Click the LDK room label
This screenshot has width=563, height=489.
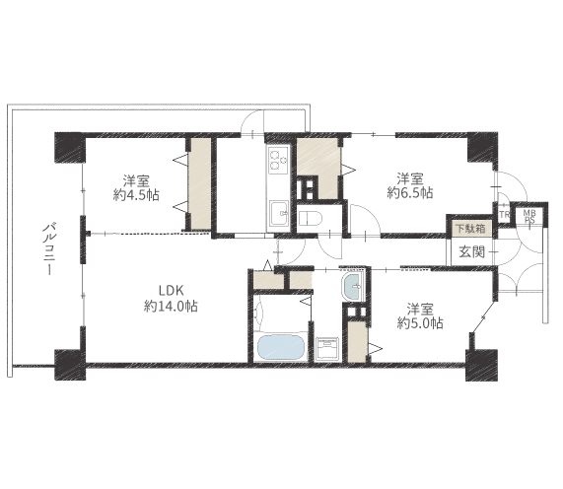pos(172,290)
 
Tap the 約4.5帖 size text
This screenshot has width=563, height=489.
pos(136,195)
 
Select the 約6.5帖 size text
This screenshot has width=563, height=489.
pos(410,193)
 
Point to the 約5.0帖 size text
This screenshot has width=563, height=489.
pos(420,323)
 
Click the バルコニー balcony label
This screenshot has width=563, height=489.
pos(49,248)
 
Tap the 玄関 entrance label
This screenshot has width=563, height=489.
pos(472,251)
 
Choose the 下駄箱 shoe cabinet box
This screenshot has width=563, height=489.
pos(470,228)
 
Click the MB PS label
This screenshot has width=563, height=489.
pos(529,217)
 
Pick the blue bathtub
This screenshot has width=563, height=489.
pos(281,347)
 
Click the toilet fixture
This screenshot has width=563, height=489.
pos(311,218)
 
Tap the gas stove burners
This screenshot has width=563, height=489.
pos(278,160)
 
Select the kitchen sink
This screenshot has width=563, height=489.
pos(279,213)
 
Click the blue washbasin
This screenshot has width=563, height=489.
pos(353,287)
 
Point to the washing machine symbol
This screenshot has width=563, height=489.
pos(327,348)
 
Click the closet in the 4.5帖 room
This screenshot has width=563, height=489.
pos(200,183)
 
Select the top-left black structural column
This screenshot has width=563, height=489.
pos(70,148)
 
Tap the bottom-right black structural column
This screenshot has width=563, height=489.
pos(481,365)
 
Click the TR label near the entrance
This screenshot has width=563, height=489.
pos(505,215)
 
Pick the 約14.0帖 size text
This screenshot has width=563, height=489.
pos(171,307)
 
